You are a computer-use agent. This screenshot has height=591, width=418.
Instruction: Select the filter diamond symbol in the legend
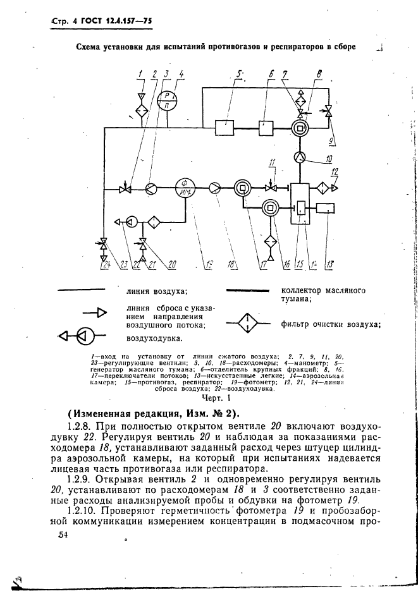pyautogui.click(x=247, y=324)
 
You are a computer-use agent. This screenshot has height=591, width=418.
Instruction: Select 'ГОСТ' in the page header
pyautogui.click(x=82, y=23)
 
